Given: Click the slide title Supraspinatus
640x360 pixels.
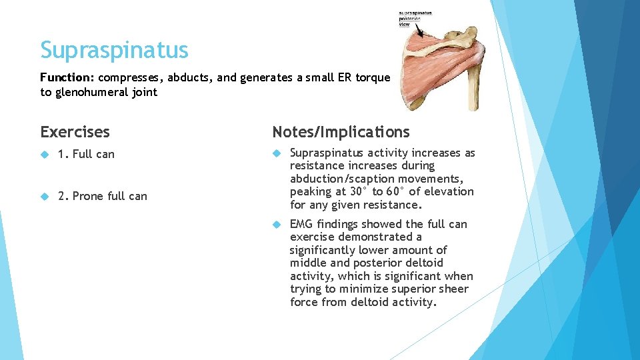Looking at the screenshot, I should (114, 50).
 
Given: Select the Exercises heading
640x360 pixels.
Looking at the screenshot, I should (75, 132).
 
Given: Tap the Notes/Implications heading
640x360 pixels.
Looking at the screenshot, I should (341, 132).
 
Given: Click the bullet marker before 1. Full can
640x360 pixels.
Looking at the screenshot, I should (45, 154).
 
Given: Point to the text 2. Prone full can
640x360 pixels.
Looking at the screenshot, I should (103, 196).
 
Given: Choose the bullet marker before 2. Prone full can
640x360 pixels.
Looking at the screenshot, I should (45, 196).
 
